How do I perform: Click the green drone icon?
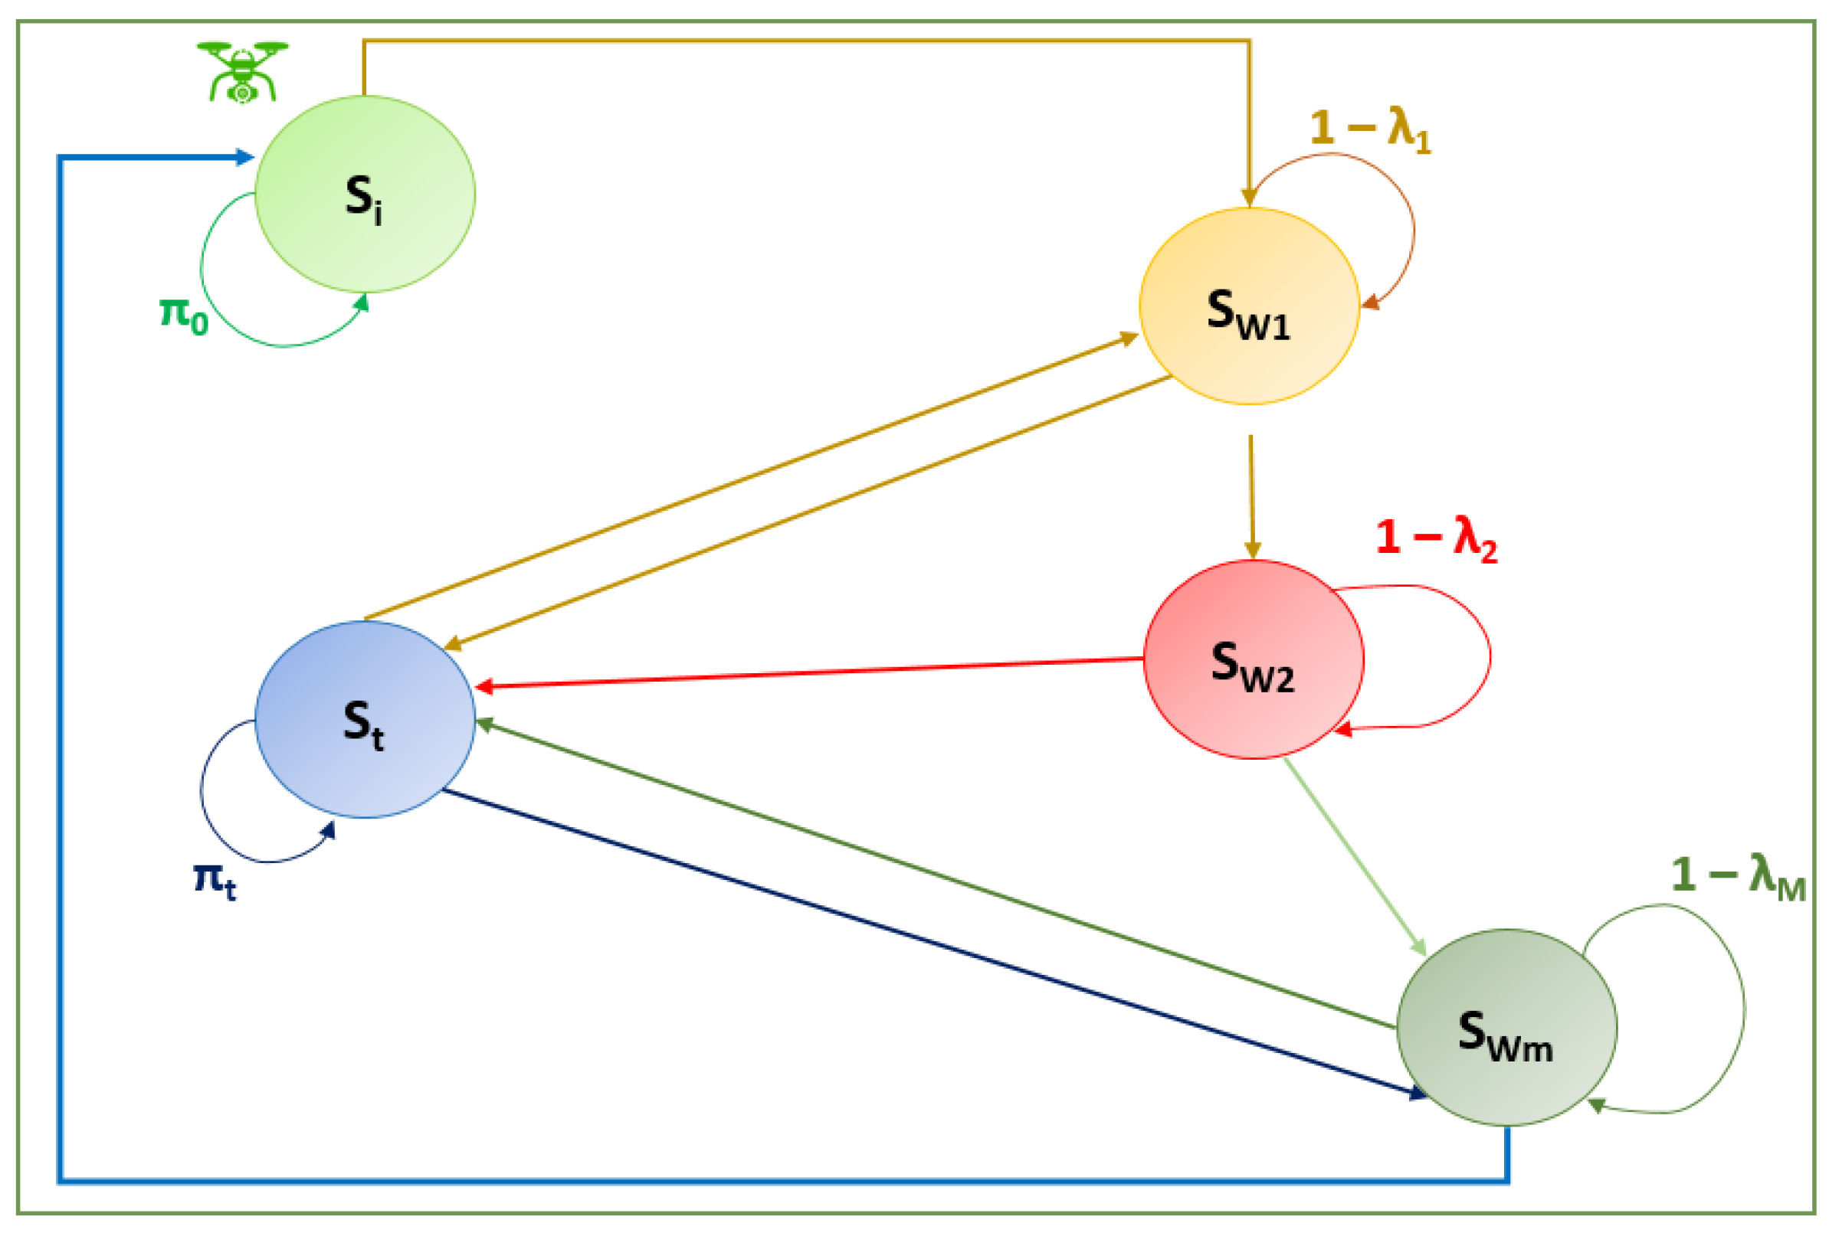coord(242,72)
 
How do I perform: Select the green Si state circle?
coord(364,195)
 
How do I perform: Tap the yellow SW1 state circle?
coord(1248,306)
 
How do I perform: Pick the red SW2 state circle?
coord(1253,659)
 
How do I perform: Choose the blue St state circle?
coord(364,720)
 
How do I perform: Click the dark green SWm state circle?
coord(1506,1027)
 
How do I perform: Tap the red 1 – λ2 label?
coord(1436,539)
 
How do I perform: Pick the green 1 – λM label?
coord(1737,875)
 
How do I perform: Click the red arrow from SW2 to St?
coord(810,673)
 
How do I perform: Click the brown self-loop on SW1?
coord(1414,228)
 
